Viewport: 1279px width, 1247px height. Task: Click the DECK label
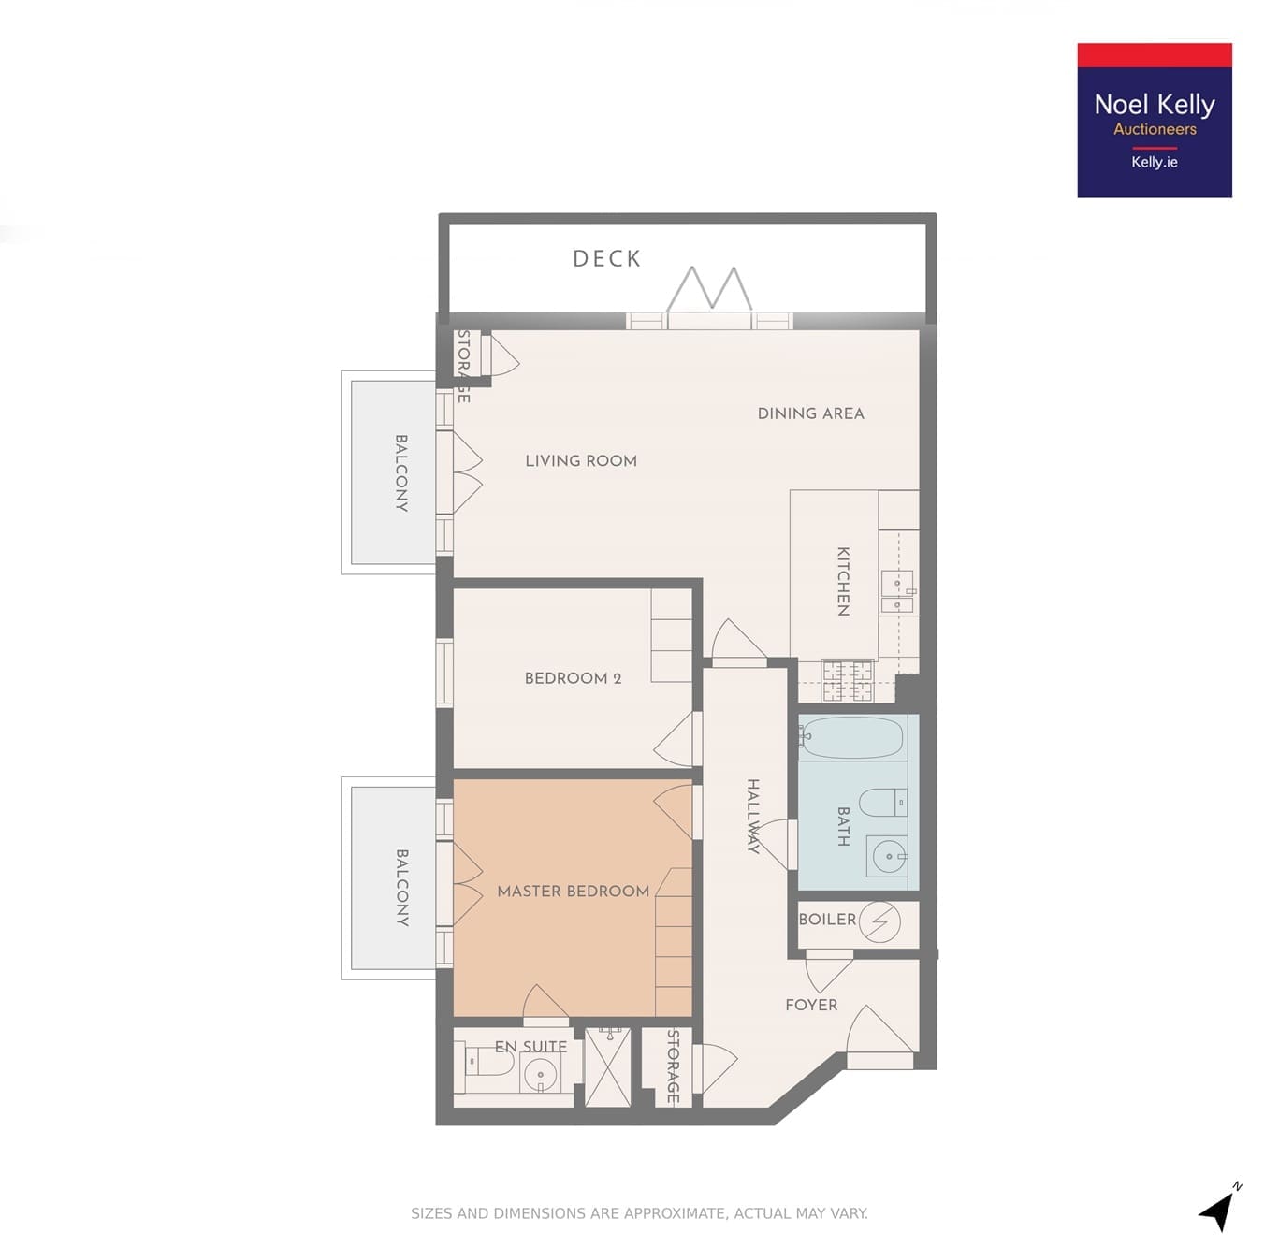click(x=606, y=259)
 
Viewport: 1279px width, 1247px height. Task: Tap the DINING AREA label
click(x=810, y=413)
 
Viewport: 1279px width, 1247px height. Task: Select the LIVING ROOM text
click(x=581, y=461)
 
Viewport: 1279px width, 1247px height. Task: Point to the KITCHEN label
click(x=843, y=582)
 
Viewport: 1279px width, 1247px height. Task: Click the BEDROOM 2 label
click(x=573, y=678)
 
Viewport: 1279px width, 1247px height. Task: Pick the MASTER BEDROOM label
click(x=574, y=892)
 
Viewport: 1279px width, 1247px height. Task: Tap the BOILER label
click(x=827, y=920)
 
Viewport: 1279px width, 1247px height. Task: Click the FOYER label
click(x=811, y=1006)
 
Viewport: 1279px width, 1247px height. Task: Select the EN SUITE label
click(x=530, y=1047)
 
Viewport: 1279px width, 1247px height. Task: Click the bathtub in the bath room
click(x=851, y=738)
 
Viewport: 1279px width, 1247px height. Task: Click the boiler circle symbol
click(x=879, y=922)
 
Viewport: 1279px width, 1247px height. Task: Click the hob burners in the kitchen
click(x=848, y=681)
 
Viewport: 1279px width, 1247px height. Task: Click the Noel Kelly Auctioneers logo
click(x=1155, y=121)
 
